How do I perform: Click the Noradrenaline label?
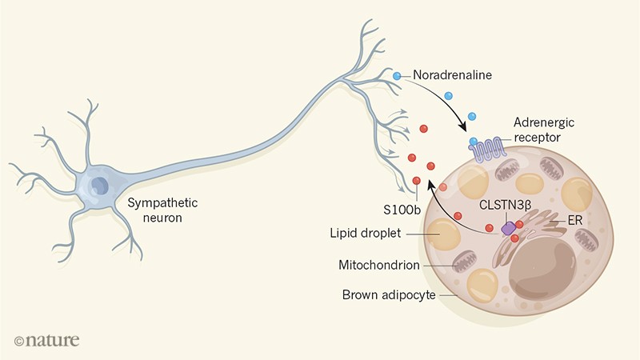click(452, 77)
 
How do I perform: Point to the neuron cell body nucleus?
click(99, 186)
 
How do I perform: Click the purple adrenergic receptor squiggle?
click(488, 148)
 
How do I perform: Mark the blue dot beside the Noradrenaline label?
click(397, 76)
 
